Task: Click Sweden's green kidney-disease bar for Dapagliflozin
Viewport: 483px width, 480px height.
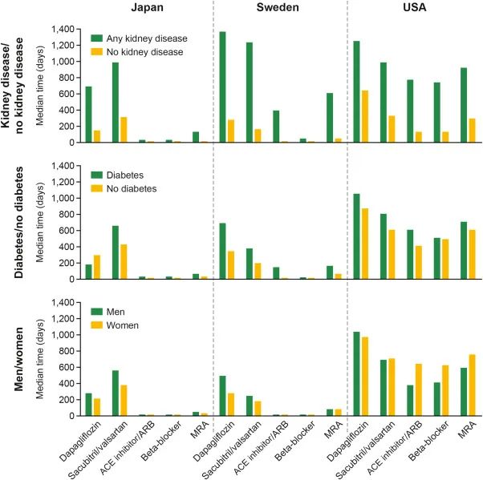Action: [222, 87]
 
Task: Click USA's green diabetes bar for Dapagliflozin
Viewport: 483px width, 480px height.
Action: [356, 236]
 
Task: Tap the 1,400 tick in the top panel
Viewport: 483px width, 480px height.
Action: [63, 29]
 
